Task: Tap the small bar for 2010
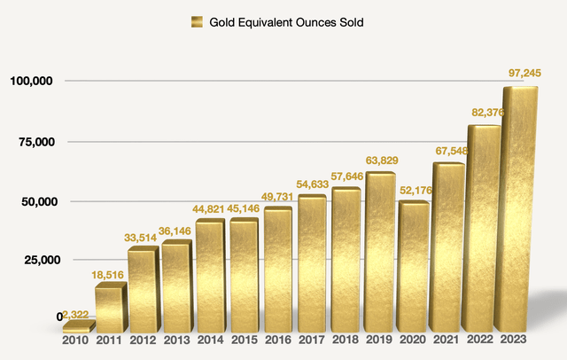pyautogui.click(x=76, y=327)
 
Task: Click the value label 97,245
pyautogui.click(x=521, y=72)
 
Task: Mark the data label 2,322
pyautogui.click(x=77, y=316)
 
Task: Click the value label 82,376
pyautogui.click(x=486, y=111)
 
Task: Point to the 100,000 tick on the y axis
pyautogui.click(x=31, y=82)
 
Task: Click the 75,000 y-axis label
pyautogui.click(x=35, y=141)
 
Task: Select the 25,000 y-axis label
pyautogui.click(x=35, y=260)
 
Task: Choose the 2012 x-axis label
pyautogui.click(x=144, y=340)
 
